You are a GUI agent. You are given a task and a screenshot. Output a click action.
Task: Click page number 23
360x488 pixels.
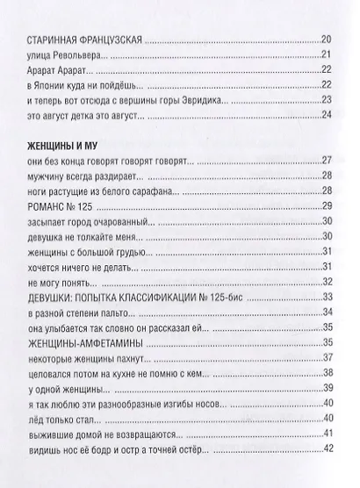(x=327, y=103)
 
